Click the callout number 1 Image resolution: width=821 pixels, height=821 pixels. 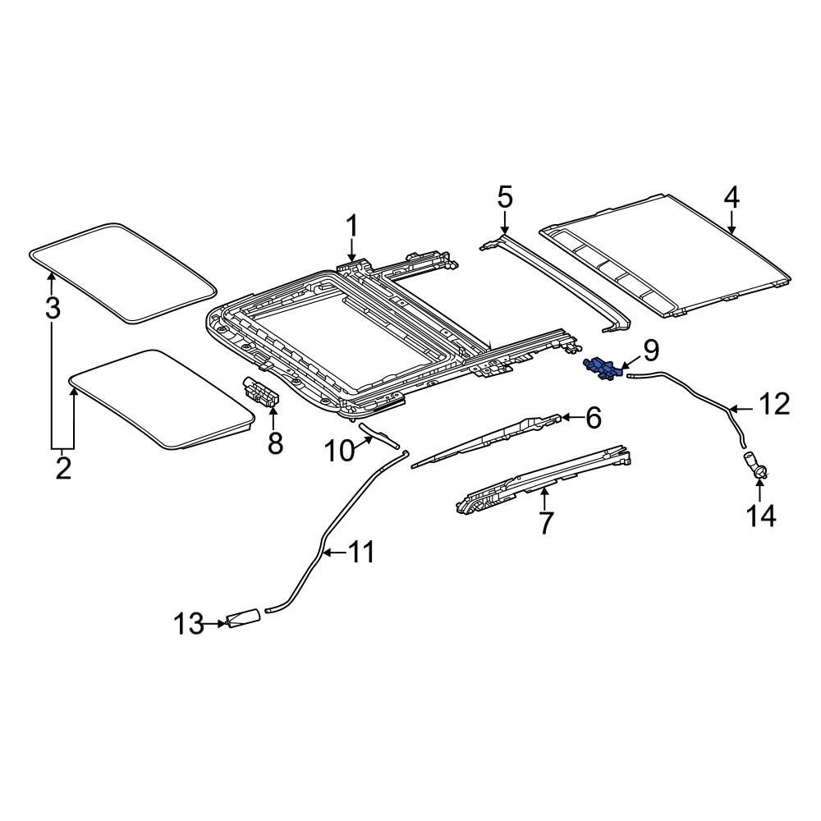(x=351, y=225)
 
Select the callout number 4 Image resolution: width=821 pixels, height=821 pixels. (x=731, y=198)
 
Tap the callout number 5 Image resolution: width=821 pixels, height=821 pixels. (x=504, y=198)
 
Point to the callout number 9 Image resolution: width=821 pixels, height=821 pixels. (x=650, y=351)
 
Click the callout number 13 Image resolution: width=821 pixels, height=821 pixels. (x=188, y=624)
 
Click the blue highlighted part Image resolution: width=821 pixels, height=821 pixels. (x=603, y=369)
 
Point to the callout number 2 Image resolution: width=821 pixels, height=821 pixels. (x=63, y=469)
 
